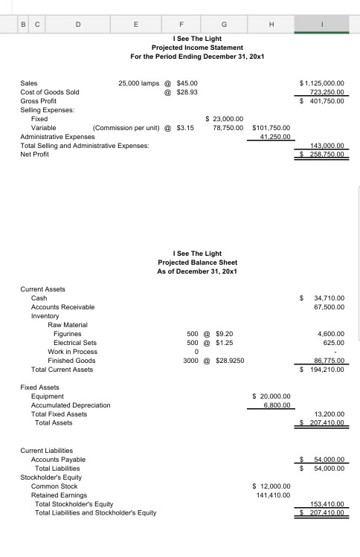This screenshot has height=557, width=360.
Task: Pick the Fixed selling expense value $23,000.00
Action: pos(227,118)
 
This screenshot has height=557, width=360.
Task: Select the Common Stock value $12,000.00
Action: pos(274,486)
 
